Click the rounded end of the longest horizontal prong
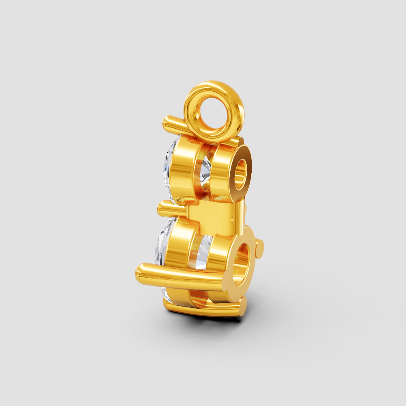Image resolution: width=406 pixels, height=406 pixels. [x=141, y=270]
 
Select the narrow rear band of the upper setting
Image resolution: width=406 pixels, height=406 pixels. [x=221, y=171]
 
